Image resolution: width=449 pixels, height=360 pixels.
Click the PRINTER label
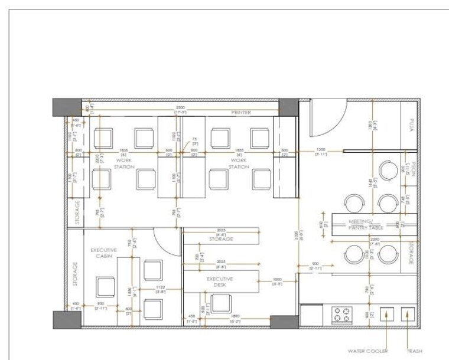(241, 112)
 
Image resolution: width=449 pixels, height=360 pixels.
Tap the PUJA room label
(411, 126)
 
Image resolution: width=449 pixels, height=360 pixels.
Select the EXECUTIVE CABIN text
(103, 253)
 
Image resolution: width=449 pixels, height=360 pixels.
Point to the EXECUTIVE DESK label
(220, 282)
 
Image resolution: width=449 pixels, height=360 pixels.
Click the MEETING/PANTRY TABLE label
(367, 224)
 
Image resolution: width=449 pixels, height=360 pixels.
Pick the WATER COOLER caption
(368, 351)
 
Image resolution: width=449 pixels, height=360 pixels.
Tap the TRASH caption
(414, 351)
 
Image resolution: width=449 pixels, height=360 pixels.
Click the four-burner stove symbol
(341, 315)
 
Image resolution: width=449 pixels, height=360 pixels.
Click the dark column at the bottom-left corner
(67, 319)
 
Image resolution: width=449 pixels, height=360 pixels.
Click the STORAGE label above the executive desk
(221, 239)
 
